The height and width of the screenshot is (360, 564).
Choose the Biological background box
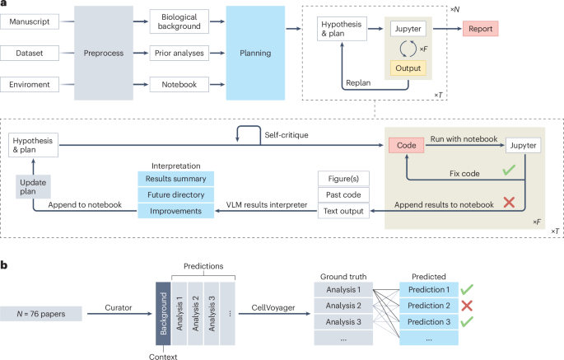point(179,22)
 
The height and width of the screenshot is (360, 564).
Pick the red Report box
point(480,29)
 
